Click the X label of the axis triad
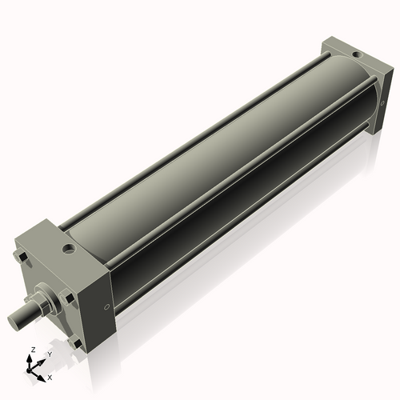[50, 376]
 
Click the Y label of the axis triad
[49, 354]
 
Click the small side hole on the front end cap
[107, 308]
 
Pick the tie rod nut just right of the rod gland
[68, 299]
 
